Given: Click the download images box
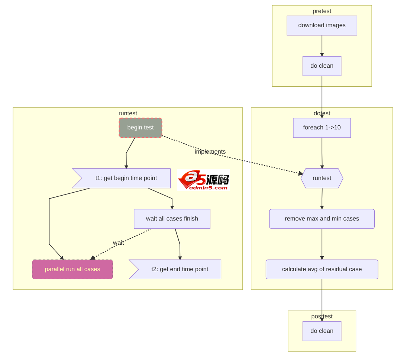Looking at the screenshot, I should point(322,25).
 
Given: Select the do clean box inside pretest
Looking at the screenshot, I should point(322,66).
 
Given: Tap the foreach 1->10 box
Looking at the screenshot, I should point(322,128).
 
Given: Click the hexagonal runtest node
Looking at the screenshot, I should point(322,178).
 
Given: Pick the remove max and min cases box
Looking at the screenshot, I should point(322,219).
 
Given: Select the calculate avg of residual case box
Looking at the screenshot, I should point(322,269).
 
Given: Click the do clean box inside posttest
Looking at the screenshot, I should point(322,331).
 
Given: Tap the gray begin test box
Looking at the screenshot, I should point(140,128).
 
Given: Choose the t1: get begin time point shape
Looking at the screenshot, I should point(123,178).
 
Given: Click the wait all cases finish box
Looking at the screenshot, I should point(172,219).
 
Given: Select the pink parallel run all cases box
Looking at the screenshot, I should point(72,269).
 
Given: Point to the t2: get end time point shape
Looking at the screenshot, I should point(177,269).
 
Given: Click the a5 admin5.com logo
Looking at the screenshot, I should point(203,180).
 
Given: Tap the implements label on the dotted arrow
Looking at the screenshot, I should point(210,152).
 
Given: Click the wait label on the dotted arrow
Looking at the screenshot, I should point(118,243).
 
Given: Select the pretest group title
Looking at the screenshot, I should point(322,11).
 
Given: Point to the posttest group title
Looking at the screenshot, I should point(322,316).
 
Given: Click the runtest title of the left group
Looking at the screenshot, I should point(127,113).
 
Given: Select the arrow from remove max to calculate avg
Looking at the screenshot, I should point(322,244).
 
